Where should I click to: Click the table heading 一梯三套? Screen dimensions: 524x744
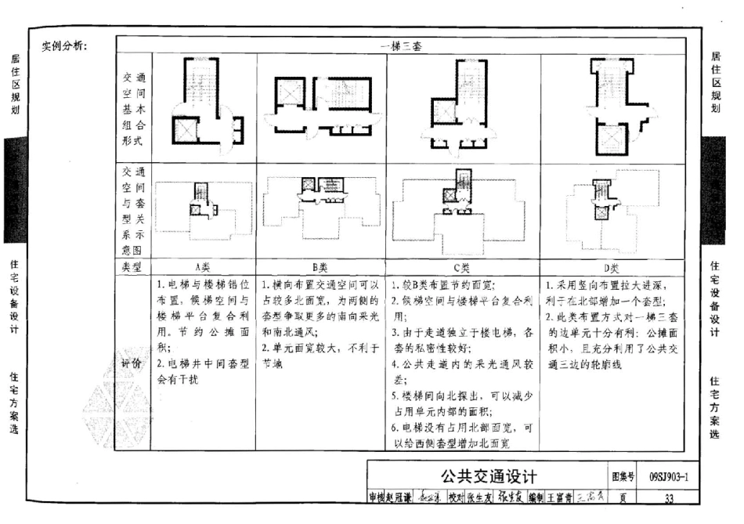click(405, 45)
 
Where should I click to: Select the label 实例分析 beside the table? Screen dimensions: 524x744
click(64, 45)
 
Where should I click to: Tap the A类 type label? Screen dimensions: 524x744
click(203, 267)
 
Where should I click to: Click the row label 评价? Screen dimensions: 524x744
click(132, 363)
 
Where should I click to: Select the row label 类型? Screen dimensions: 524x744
click(132, 267)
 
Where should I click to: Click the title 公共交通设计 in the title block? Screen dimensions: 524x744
click(489, 475)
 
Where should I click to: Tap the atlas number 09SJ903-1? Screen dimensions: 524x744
click(673, 475)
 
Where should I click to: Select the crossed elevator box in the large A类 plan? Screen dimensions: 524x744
click(184, 129)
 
